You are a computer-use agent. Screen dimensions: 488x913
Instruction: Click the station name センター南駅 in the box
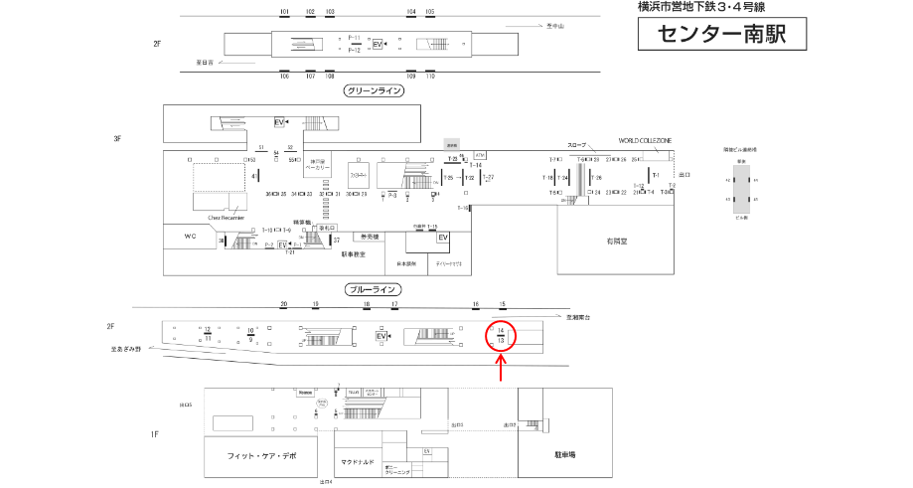coord(722,35)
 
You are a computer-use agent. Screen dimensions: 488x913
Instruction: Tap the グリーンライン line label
coord(373,90)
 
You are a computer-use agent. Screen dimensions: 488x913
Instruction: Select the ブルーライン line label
coord(373,289)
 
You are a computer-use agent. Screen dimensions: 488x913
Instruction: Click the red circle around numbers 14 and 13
coord(502,335)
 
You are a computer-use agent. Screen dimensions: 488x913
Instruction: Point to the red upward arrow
coord(502,368)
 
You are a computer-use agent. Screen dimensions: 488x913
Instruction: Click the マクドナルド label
coord(357,461)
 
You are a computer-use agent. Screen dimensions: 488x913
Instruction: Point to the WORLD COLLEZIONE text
coord(645,141)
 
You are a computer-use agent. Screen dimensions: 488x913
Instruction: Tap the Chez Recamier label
coord(226,216)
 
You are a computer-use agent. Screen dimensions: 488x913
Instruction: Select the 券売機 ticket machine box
coord(369,238)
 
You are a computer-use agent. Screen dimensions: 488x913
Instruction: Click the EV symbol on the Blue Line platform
coord(380,337)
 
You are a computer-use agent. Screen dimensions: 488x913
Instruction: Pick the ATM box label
coord(481,155)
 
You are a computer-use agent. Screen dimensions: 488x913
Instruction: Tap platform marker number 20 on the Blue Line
coord(283,303)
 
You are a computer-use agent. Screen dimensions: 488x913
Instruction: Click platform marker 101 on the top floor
coord(285,12)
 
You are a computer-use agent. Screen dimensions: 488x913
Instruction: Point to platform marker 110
coord(430,76)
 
